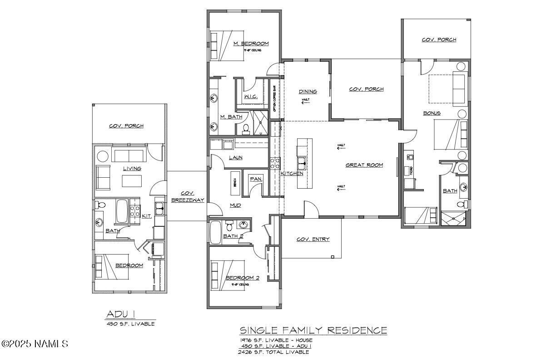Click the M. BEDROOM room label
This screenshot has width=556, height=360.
251,44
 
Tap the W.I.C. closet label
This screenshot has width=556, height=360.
251,97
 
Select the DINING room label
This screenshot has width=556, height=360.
308,91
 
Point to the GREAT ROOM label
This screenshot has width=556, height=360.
364,165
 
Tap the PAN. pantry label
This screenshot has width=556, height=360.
256,179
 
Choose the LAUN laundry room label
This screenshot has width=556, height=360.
235,158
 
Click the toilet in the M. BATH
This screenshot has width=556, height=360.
246,130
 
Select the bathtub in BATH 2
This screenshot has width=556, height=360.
215,232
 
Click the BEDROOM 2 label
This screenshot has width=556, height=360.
242,278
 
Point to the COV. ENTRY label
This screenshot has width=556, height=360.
313,239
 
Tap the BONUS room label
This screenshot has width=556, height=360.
432,113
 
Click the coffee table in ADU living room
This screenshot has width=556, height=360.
132,181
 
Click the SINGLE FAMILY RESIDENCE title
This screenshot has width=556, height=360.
313,330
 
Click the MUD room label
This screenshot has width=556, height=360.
235,205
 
